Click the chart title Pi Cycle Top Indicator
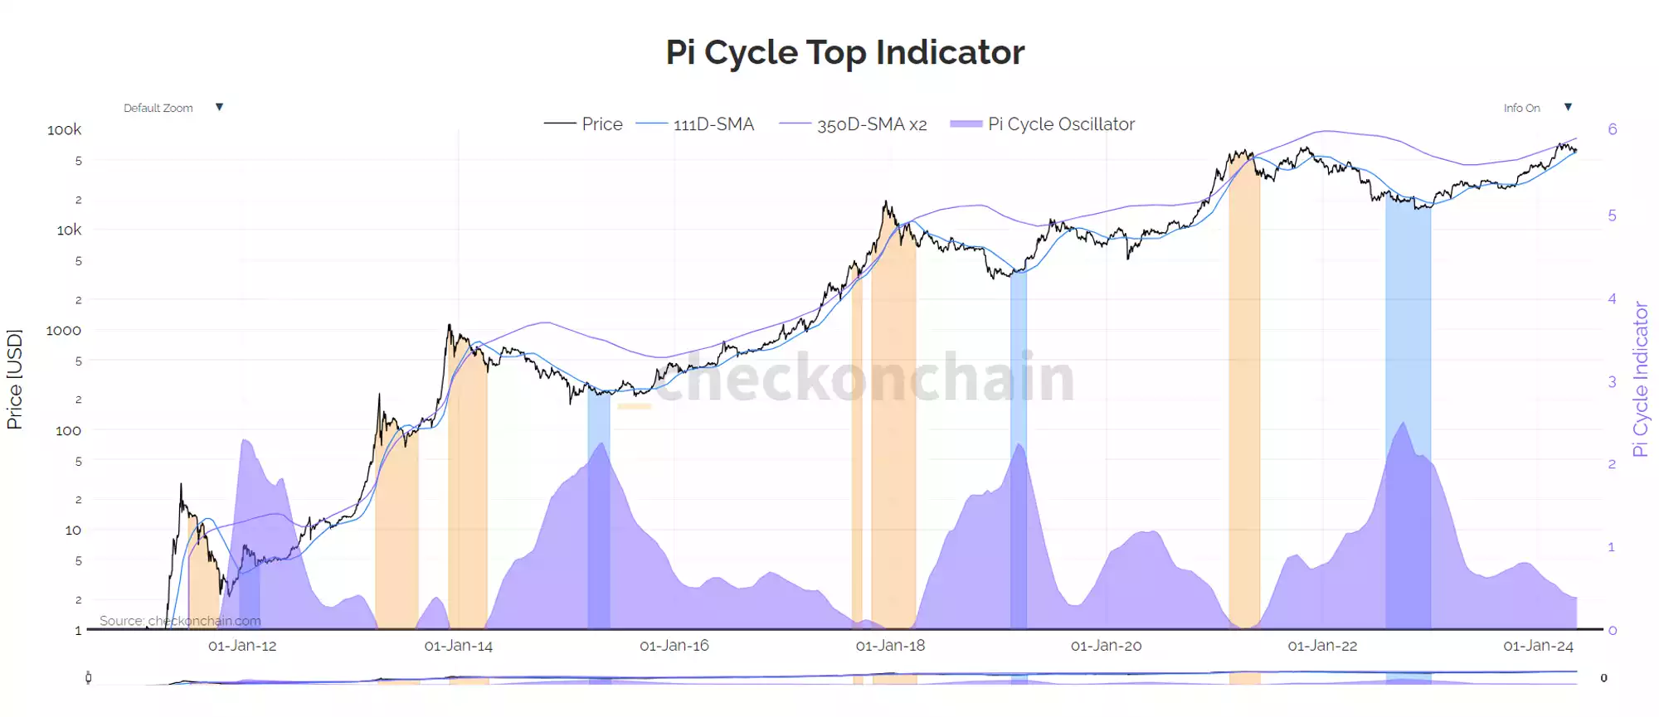[844, 52]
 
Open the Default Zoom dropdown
[173, 108]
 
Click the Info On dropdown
[1536, 108]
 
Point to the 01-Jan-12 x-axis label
[242, 646]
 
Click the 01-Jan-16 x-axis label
[674, 646]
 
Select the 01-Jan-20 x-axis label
[1106, 646]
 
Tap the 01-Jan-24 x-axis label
[1538, 646]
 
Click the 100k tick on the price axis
[64, 130]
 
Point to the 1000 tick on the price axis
[63, 331]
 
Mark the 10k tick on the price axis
[69, 230]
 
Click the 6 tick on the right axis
[1612, 129]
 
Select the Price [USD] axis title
[14, 379]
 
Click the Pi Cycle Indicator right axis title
[1640, 379]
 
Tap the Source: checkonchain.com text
[180, 621]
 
